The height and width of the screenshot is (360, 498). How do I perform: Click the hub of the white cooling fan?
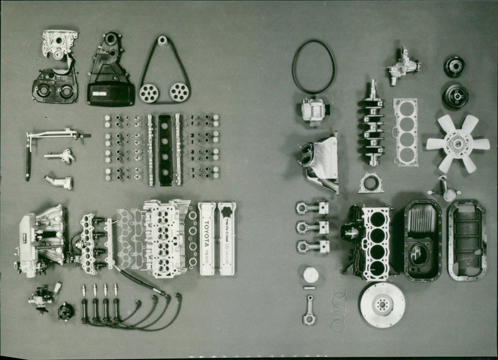click(458, 143)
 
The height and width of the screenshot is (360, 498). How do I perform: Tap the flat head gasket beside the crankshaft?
click(405, 132)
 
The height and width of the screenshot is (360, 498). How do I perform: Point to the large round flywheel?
click(382, 305)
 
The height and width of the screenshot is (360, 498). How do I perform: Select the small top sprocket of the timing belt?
click(162, 40)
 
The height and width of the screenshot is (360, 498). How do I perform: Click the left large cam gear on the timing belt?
click(149, 93)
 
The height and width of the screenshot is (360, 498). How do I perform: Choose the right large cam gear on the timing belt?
click(179, 92)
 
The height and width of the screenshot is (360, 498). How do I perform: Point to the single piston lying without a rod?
click(310, 274)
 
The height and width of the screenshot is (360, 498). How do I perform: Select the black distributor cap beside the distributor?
click(65, 311)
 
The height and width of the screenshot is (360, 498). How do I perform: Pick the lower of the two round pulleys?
click(455, 95)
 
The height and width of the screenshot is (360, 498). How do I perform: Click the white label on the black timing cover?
click(100, 93)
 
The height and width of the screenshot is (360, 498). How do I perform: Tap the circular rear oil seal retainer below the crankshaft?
click(370, 183)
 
